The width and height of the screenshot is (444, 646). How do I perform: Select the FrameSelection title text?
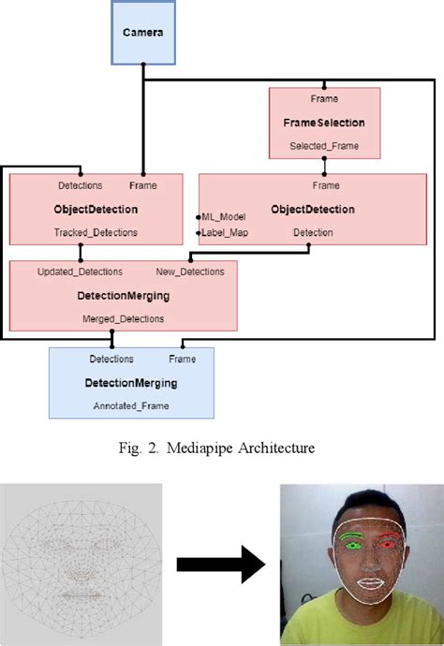coord(324,123)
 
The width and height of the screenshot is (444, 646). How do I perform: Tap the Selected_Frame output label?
coord(324,146)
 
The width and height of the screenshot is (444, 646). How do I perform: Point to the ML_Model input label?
coord(224,216)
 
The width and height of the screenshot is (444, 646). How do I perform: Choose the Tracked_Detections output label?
coord(81,232)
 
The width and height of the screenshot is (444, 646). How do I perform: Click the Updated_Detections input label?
coord(80,272)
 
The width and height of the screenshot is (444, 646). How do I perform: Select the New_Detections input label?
coord(190,272)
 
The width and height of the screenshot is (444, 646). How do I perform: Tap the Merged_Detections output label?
coord(122,318)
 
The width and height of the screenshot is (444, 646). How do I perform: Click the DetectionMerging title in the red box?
coord(122,295)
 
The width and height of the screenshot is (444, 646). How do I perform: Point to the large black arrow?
coord(220,565)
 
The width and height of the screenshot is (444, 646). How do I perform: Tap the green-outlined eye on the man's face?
coord(352,541)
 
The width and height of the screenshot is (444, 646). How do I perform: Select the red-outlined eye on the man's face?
coord(388,540)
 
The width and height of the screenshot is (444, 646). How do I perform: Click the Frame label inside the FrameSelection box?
coord(324,98)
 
